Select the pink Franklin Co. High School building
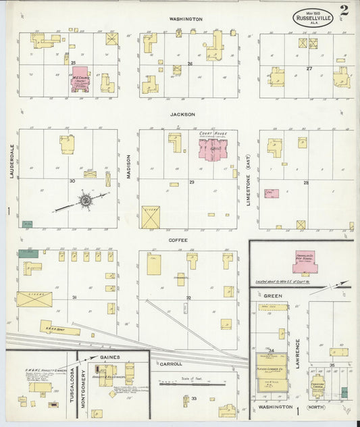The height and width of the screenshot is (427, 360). pos(305,263)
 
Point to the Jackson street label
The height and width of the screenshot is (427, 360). pos(182,114)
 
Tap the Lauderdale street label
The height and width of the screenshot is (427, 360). pos(11,164)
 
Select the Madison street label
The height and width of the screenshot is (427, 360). pos(128,164)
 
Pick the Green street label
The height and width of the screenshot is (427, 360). pos(273,295)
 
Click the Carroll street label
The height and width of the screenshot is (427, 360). pos(171,363)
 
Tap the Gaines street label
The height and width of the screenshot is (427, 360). pos(109,356)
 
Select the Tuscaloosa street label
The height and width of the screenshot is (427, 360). pos(72,386)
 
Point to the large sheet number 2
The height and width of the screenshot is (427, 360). pos(344,11)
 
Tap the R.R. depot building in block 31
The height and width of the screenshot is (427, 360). pos(59,328)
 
